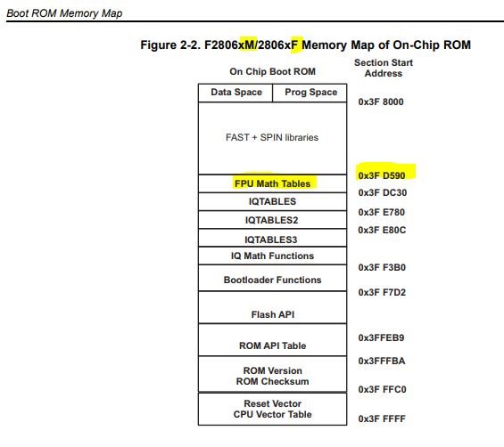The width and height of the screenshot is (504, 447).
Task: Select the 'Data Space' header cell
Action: (236, 93)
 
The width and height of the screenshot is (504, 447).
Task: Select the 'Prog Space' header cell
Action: (310, 93)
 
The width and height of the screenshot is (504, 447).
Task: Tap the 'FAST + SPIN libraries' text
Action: (272, 137)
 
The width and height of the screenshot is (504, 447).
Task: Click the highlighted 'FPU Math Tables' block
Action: (272, 183)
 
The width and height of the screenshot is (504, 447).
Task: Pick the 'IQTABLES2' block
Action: (272, 219)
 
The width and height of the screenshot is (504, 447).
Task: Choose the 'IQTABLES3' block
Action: (272, 240)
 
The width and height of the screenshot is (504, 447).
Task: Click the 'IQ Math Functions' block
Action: (272, 256)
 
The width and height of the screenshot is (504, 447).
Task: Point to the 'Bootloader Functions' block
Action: (272, 280)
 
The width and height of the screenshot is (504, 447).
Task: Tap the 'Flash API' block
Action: (272, 314)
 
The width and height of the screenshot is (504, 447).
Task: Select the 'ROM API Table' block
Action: (272, 345)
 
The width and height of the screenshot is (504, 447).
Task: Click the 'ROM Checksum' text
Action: (272, 382)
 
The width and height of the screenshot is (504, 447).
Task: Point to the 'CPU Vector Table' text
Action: (272, 414)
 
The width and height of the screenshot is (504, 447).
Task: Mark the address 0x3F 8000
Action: (381, 102)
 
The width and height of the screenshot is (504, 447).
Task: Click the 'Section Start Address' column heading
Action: (381, 68)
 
